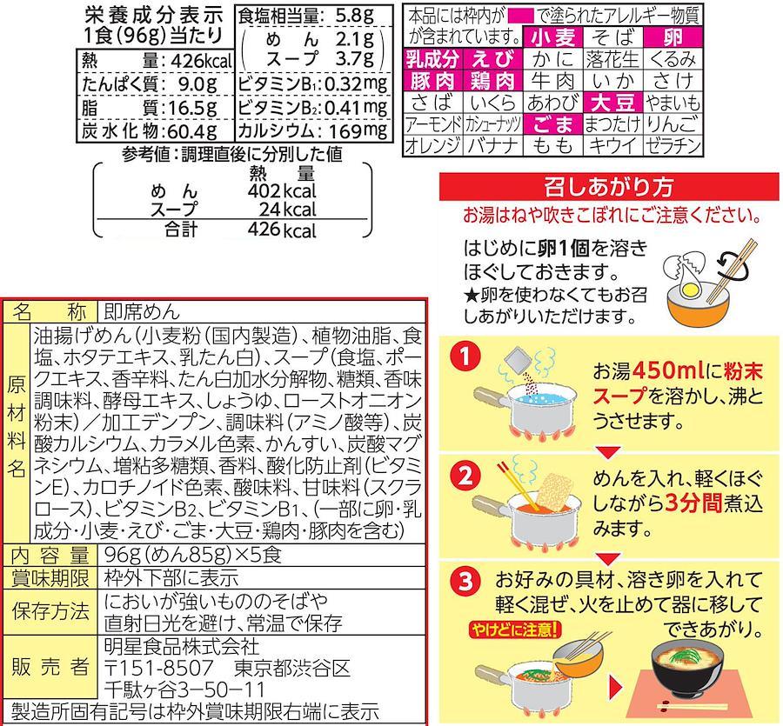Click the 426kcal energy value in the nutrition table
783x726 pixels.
201,61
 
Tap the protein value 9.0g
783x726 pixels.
197,83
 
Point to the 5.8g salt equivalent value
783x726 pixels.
355,15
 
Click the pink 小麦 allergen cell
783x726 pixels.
553,37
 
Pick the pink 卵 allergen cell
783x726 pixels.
673,37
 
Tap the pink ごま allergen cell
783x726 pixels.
553,124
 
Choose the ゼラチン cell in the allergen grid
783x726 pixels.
673,146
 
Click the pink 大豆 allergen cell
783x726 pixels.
613,103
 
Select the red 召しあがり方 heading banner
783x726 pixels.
609,187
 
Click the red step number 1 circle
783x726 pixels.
465,357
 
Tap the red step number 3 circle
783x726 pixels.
465,581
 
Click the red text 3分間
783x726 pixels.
694,503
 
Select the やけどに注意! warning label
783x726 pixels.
515,629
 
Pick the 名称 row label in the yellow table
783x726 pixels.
50,312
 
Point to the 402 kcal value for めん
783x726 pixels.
282,190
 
